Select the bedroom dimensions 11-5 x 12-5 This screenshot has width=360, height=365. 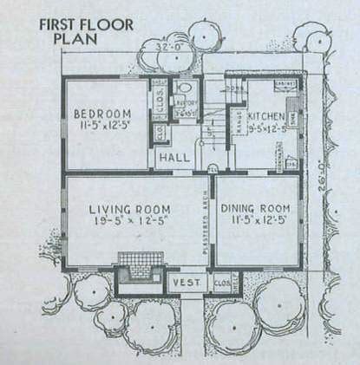[101, 127]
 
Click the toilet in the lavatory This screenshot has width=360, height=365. [184, 89]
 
